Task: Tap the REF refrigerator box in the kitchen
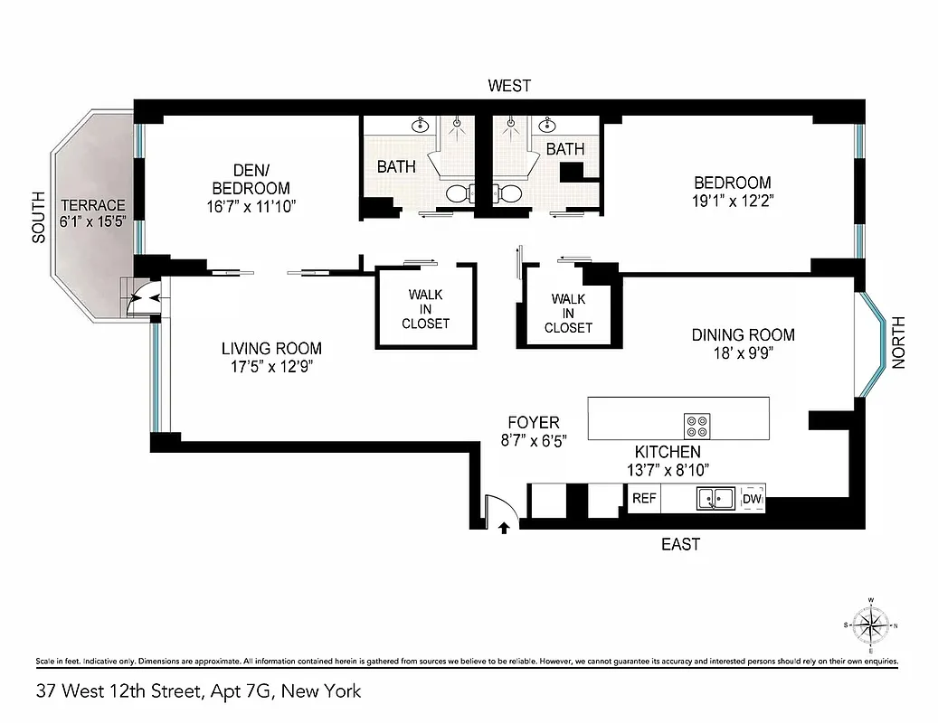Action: [643, 498]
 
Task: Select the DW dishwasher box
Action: [752, 498]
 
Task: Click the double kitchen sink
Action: [715, 498]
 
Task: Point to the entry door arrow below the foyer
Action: [504, 529]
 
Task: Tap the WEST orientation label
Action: [509, 86]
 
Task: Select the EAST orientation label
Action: [680, 544]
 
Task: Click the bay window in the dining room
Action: [873, 344]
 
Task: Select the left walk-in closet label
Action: [425, 308]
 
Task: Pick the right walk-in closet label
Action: [568, 313]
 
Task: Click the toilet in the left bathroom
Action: [458, 192]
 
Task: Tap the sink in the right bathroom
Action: [547, 126]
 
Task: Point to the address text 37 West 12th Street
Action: [198, 692]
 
